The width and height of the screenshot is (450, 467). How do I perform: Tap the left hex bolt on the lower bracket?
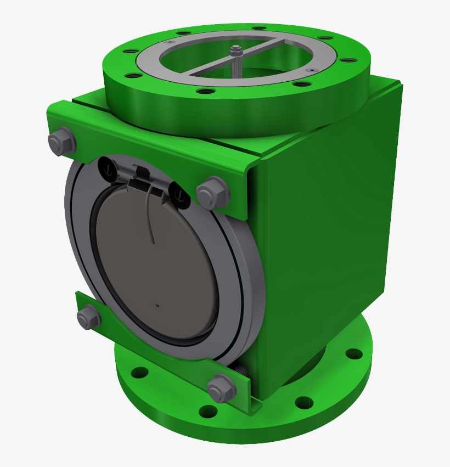(88, 317)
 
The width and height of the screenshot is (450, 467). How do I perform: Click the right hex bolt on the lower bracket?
(222, 387)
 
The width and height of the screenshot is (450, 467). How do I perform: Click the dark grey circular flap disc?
(159, 263)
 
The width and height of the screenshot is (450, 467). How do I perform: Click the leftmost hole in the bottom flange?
(140, 373)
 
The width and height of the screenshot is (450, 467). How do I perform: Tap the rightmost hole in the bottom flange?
(355, 354)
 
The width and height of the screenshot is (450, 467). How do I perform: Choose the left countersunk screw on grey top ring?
(170, 42)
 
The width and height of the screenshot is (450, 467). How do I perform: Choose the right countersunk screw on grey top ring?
(312, 71)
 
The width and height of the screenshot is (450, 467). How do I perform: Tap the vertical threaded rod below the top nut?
(236, 66)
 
